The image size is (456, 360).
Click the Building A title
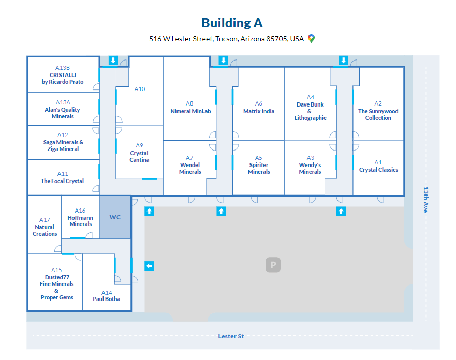(232, 23)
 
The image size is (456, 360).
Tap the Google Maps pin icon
(311, 39)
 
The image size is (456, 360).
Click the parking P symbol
(273, 265)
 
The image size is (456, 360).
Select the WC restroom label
(115, 217)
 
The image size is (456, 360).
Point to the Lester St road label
(231, 336)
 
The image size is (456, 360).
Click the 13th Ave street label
(426, 200)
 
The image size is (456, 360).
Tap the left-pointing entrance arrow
(149, 266)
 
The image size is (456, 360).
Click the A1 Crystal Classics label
(378, 166)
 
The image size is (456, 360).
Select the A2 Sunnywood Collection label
(378, 111)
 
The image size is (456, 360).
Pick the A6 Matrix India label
(259, 108)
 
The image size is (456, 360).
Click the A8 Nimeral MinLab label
(190, 108)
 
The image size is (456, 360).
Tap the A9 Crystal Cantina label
(139, 153)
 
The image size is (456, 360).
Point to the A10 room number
(140, 89)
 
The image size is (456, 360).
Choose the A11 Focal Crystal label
(63, 177)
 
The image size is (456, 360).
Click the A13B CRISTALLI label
(63, 75)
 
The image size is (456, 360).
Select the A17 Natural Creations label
(45, 227)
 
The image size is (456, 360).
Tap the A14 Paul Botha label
(107, 296)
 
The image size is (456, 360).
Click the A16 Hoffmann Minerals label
(80, 217)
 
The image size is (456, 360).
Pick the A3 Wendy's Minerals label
(310, 164)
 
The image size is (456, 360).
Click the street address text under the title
(226, 39)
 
